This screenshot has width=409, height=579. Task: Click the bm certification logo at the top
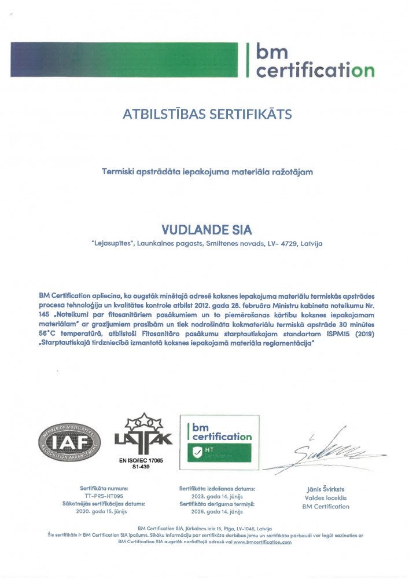[x=310, y=61]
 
